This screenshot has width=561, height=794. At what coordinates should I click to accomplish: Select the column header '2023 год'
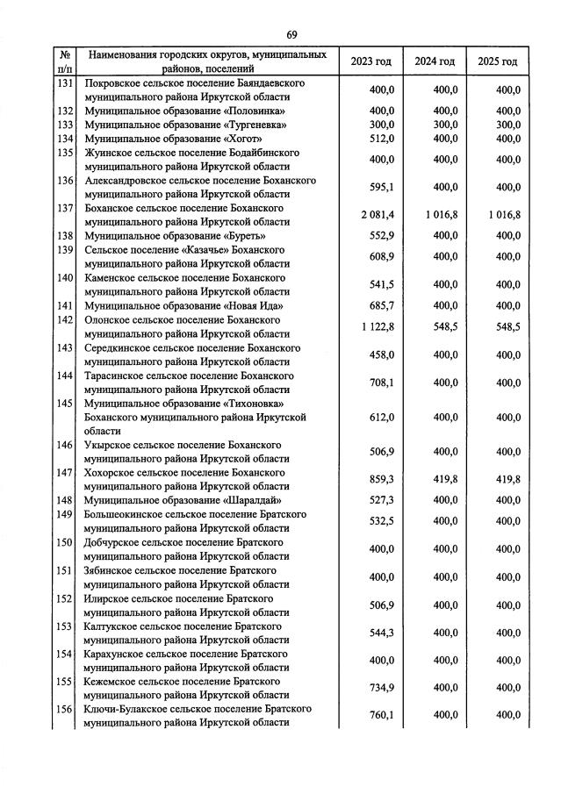point(370,61)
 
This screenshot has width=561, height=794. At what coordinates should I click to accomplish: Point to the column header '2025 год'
point(497,61)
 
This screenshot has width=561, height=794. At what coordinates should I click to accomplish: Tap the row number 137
point(64,208)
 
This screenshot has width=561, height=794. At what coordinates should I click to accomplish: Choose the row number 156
point(64,709)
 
